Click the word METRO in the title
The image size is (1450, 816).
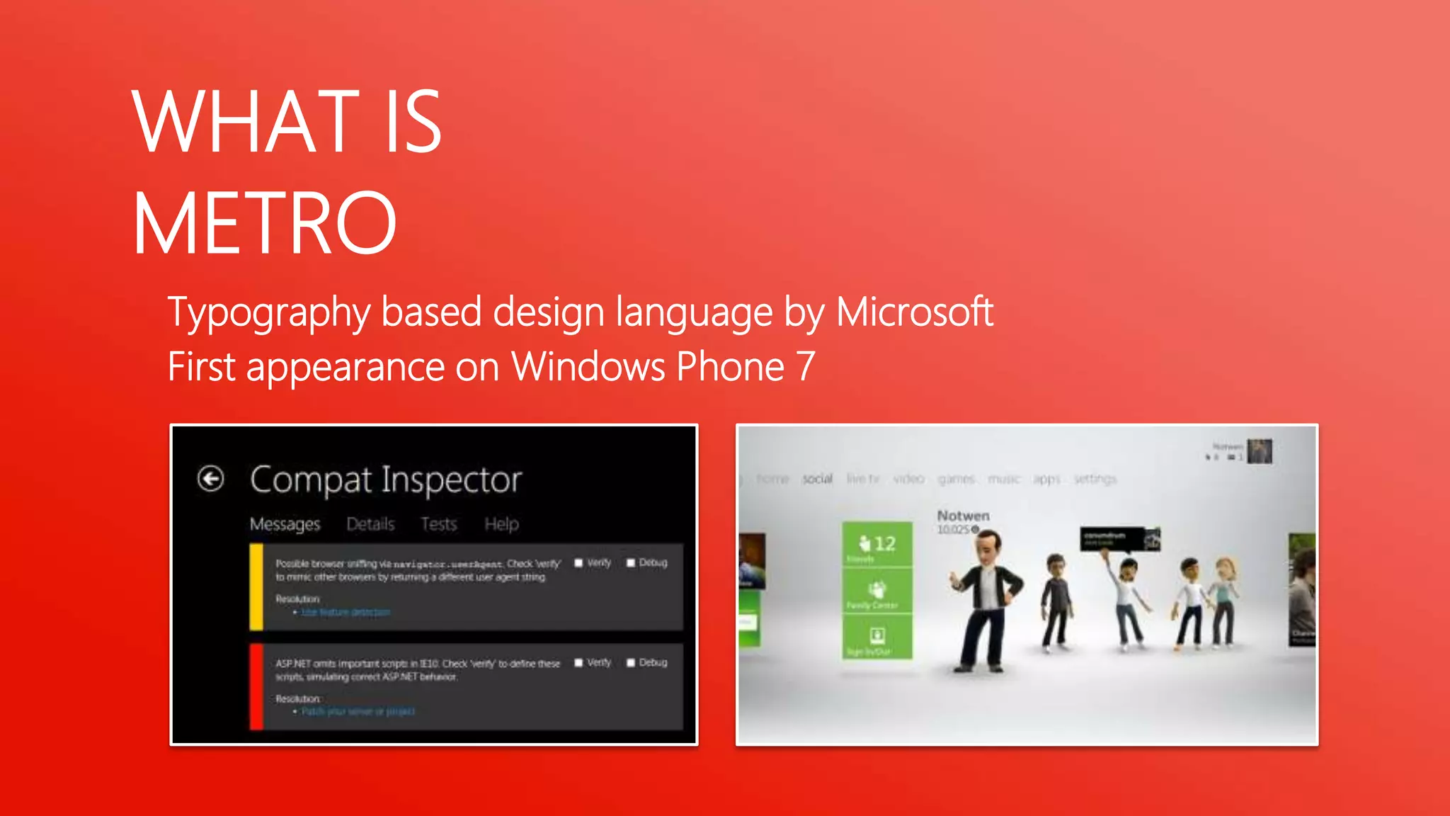[x=265, y=224]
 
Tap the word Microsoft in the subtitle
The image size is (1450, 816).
[x=914, y=312]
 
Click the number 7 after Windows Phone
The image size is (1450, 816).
[x=806, y=367]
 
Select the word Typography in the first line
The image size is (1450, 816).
[x=268, y=312]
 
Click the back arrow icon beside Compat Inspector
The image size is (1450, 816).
[x=210, y=479]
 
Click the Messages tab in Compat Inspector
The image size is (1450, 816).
[x=285, y=524]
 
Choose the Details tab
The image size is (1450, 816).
[x=370, y=524]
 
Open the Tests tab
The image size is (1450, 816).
[x=439, y=524]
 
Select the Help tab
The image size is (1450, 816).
[x=501, y=524]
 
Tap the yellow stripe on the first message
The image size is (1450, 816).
[x=256, y=586]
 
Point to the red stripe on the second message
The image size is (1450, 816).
[x=256, y=686]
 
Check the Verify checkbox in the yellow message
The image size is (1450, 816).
[x=578, y=563]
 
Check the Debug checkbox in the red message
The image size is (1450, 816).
[x=631, y=663]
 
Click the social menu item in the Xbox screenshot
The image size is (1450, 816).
[x=817, y=480]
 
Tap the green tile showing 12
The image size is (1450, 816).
[x=877, y=544]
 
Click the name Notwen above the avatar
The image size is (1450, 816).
[x=963, y=516]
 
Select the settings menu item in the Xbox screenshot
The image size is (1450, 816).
[x=1095, y=480]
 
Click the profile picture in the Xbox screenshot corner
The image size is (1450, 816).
[x=1260, y=451]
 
